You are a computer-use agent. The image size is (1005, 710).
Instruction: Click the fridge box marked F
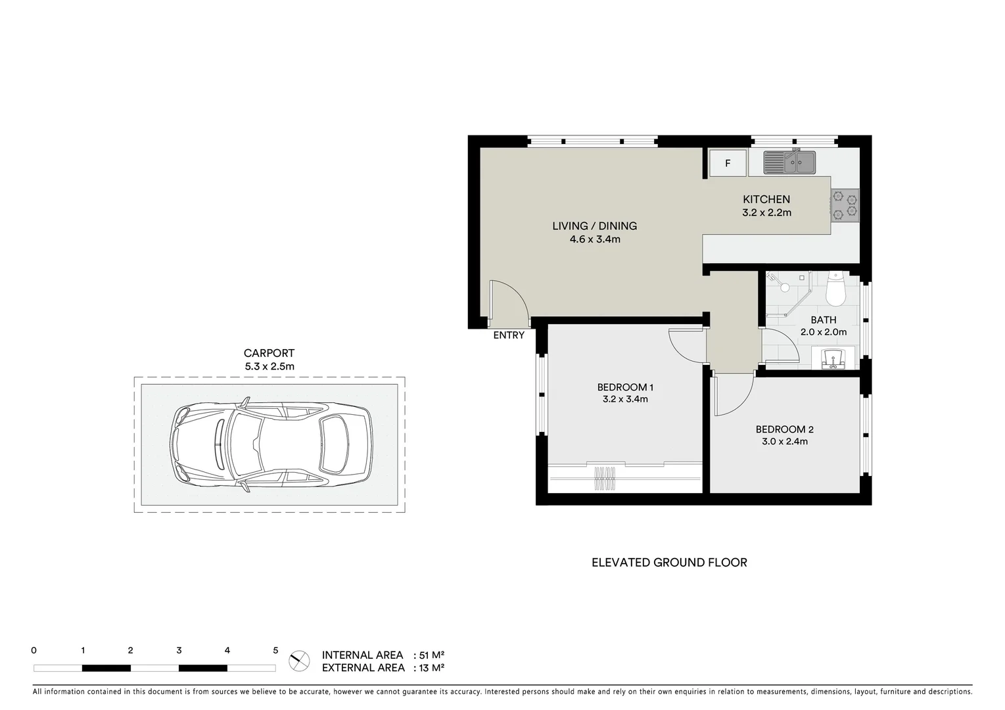pyautogui.click(x=728, y=163)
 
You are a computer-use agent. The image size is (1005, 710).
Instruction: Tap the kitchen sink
pyautogui.click(x=789, y=162)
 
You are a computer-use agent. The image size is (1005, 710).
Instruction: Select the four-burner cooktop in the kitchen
pyautogui.click(x=845, y=205)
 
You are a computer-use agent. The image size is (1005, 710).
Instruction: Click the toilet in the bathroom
pyautogui.click(x=835, y=291)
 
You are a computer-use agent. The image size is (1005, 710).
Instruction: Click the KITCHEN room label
pyautogui.click(x=766, y=199)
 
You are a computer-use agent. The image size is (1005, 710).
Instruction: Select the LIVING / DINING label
pyautogui.click(x=594, y=225)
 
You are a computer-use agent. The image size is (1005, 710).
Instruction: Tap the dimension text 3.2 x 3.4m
pyautogui.click(x=625, y=399)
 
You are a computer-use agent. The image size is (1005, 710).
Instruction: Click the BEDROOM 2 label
pyautogui.click(x=785, y=429)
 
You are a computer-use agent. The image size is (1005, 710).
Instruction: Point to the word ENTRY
pyautogui.click(x=509, y=335)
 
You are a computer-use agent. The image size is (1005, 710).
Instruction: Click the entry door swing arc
pyautogui.click(x=511, y=300)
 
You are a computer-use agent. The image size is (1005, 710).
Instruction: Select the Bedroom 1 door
pyautogui.click(x=687, y=345)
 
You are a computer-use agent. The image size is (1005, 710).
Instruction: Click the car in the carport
pyautogui.click(x=270, y=445)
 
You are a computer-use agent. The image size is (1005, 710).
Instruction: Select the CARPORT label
pyautogui.click(x=269, y=353)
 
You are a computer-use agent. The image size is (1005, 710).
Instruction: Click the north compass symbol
pyautogui.click(x=299, y=661)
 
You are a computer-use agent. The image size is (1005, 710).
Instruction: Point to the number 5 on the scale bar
pyautogui.click(x=275, y=651)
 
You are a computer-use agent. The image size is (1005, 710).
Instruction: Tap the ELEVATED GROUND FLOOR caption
pyautogui.click(x=669, y=563)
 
